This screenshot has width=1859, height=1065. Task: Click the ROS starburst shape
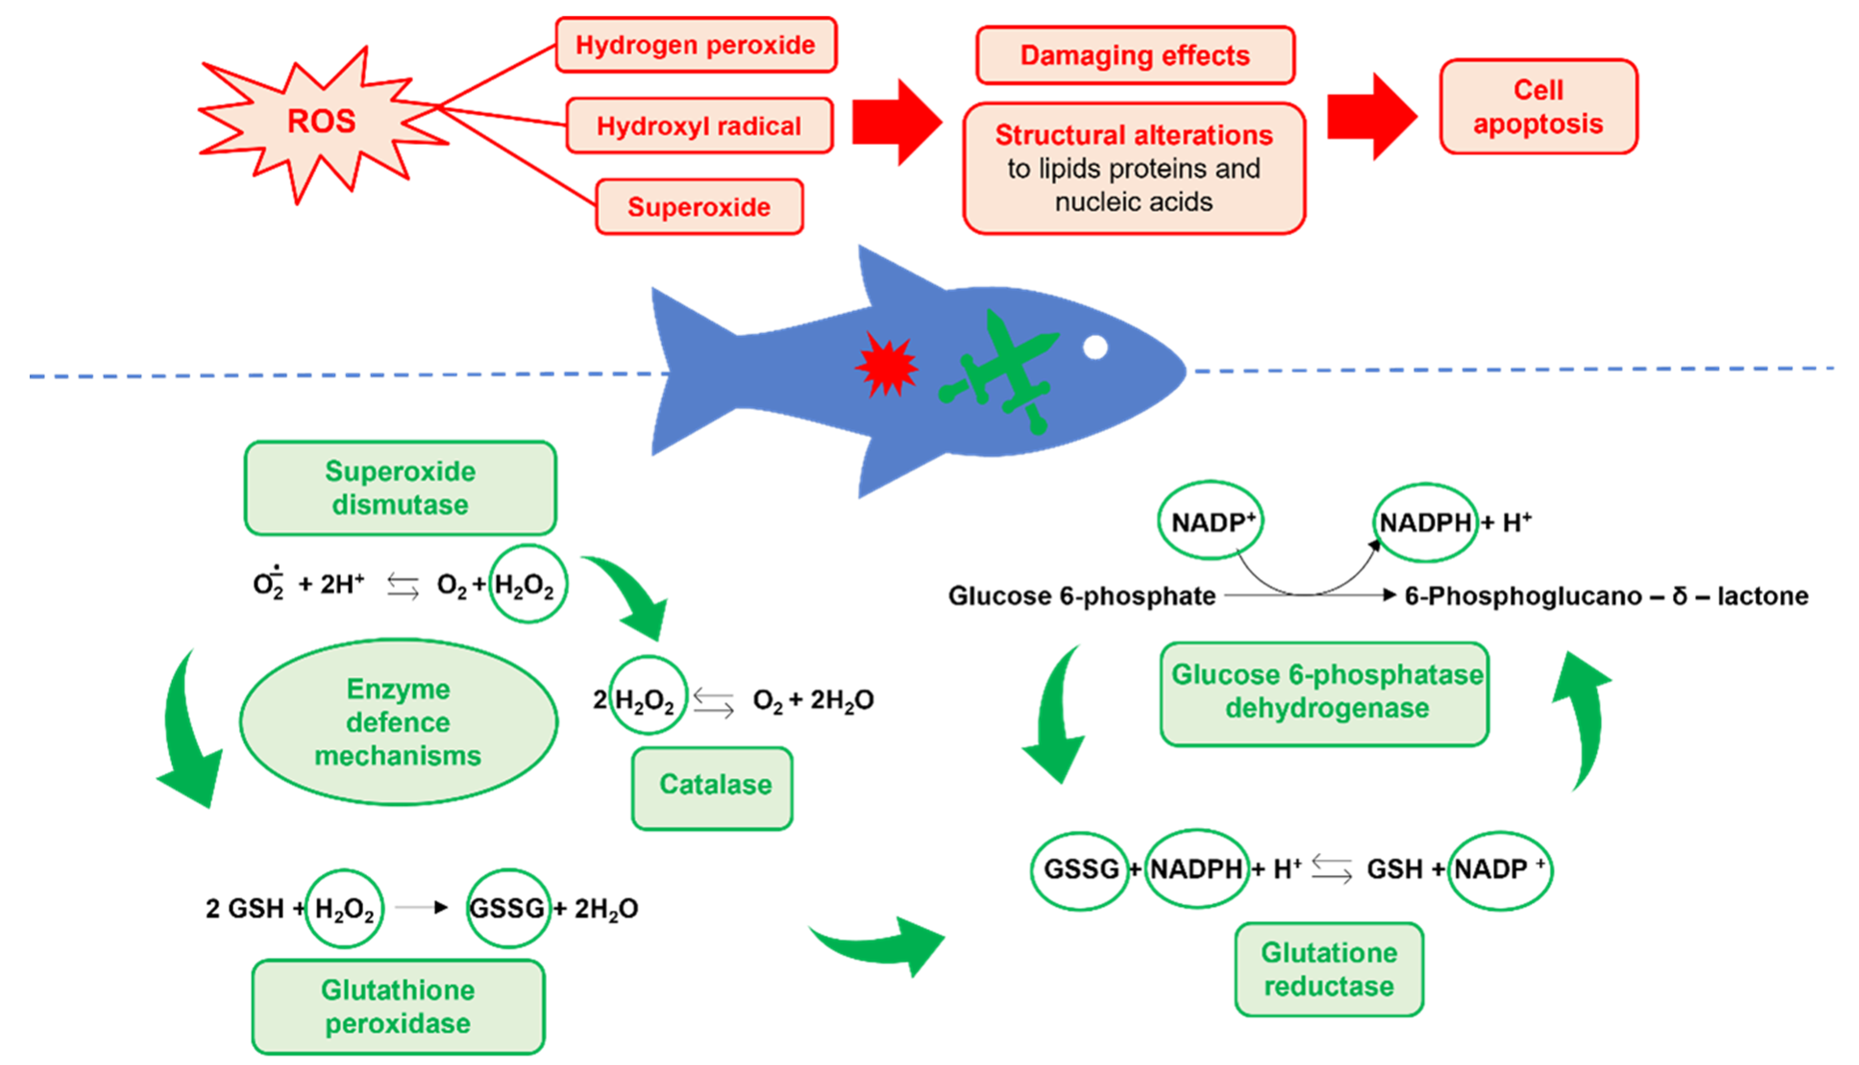click(322, 122)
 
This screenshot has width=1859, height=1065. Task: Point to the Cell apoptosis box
click(1539, 107)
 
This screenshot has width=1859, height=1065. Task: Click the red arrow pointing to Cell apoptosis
click(1371, 116)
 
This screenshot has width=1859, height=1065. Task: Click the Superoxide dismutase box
click(400, 488)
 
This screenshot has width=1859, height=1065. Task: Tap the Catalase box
click(712, 789)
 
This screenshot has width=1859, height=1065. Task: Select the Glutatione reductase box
click(1329, 969)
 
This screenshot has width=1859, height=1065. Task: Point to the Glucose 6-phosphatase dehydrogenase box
click(1325, 694)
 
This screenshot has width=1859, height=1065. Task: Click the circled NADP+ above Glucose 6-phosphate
click(1211, 521)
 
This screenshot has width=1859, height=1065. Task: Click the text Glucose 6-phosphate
click(1082, 596)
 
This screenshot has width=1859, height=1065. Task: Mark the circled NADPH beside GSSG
click(1196, 869)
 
